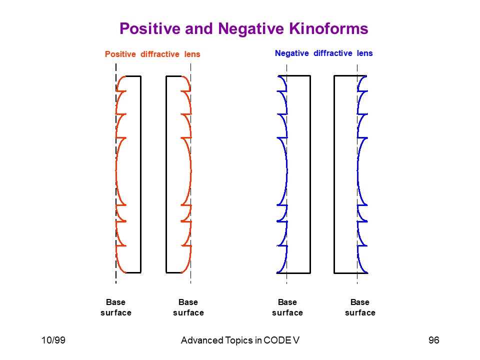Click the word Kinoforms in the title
328,28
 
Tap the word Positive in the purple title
150,28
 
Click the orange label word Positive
120,54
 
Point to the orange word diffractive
160,54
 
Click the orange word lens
192,54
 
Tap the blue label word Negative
291,53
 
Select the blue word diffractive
333,53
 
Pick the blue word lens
365,53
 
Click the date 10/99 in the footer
53,340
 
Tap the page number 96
434,340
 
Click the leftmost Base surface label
116,307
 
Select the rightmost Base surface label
360,307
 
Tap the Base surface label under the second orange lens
188,307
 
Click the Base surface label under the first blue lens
287,307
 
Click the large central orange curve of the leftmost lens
116,171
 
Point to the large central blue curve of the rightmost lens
357,171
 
